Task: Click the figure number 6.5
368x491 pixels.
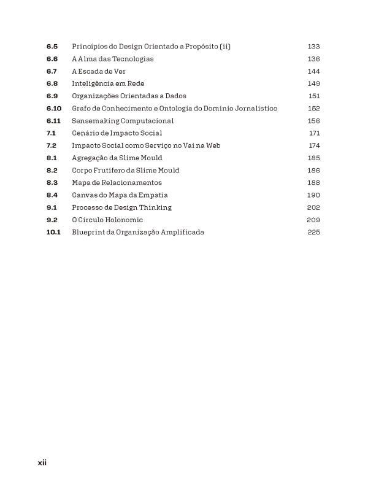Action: tap(52, 47)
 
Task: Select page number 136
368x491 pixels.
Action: tap(313, 59)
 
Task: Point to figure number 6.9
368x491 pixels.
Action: tap(52, 96)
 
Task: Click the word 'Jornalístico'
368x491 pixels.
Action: tap(257, 109)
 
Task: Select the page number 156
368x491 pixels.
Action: tap(313, 121)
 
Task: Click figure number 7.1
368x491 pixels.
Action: tap(51, 133)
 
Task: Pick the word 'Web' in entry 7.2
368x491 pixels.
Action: tap(213, 145)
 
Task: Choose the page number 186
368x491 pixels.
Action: tap(313, 170)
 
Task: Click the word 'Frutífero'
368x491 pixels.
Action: tap(111, 170)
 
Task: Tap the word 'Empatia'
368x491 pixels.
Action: tap(142, 195)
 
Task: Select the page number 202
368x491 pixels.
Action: tap(313, 207)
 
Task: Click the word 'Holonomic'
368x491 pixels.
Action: tap(124, 220)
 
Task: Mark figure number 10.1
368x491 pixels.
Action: tap(53, 232)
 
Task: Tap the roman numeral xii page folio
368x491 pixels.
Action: tap(42, 463)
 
